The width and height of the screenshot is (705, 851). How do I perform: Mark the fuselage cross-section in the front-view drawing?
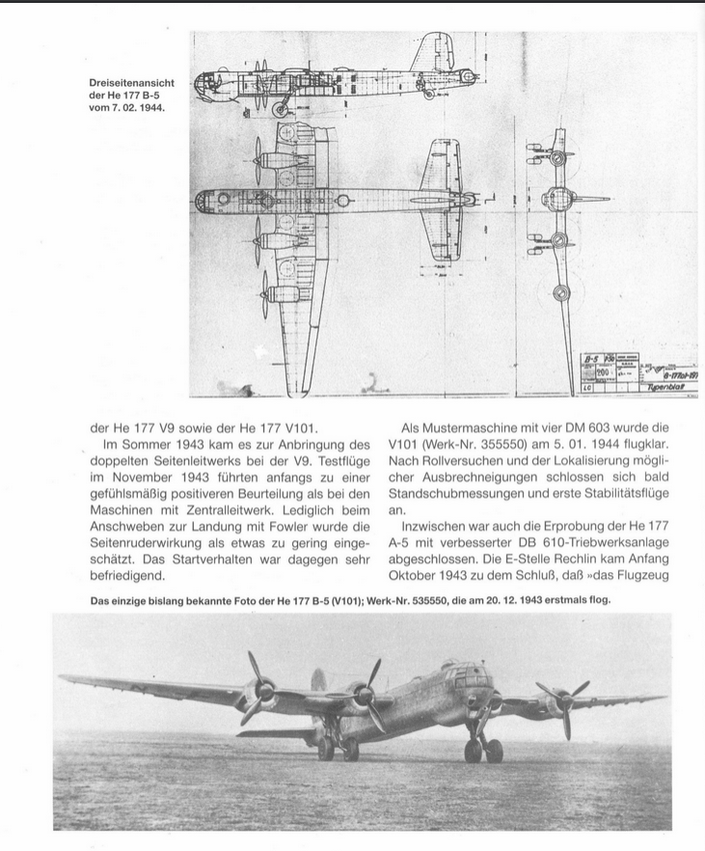tap(560, 199)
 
